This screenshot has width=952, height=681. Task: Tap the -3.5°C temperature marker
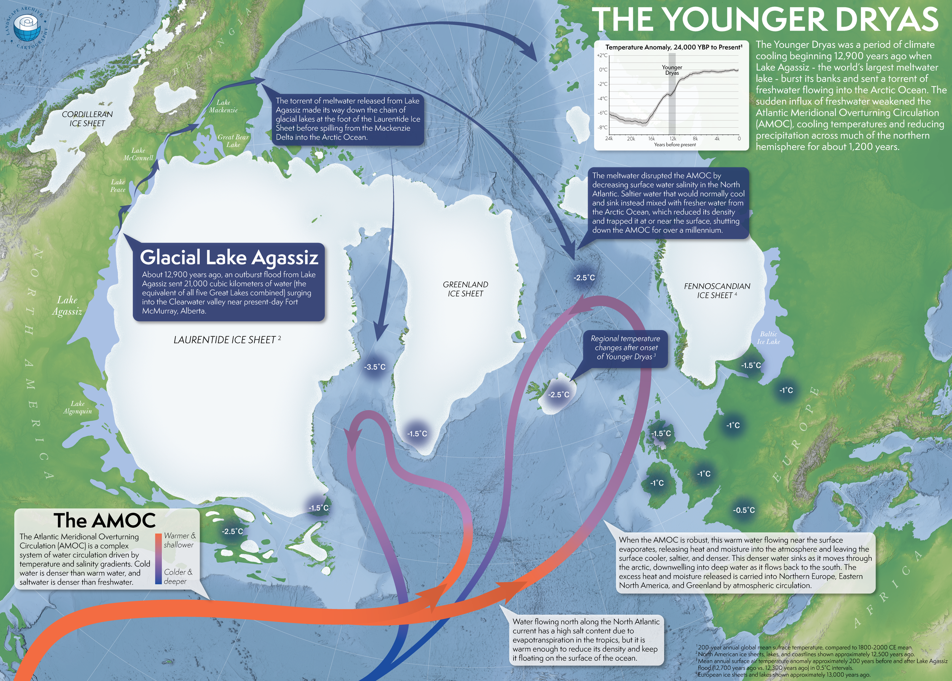374,367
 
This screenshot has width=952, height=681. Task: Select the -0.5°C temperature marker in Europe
744,510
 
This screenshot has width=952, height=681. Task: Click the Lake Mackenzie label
223,106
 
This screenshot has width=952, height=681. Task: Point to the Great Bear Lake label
233,140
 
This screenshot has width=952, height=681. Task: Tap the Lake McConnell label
138,154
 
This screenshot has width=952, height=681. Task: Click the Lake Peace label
118,185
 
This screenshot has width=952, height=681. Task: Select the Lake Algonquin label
77,407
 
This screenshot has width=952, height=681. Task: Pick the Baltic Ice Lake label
768,337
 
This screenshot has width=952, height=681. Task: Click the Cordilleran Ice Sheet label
87,119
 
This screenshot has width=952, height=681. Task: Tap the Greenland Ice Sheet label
465,289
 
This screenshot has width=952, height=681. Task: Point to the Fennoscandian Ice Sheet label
717,291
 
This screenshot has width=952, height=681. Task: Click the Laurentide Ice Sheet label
227,340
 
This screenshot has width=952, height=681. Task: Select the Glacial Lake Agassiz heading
229,257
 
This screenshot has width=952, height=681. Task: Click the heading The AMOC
105,520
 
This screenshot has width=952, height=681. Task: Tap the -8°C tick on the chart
603,127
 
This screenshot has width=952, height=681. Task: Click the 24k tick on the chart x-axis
609,139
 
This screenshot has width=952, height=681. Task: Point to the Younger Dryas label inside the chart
672,70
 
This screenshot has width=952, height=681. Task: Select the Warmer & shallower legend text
179,540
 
